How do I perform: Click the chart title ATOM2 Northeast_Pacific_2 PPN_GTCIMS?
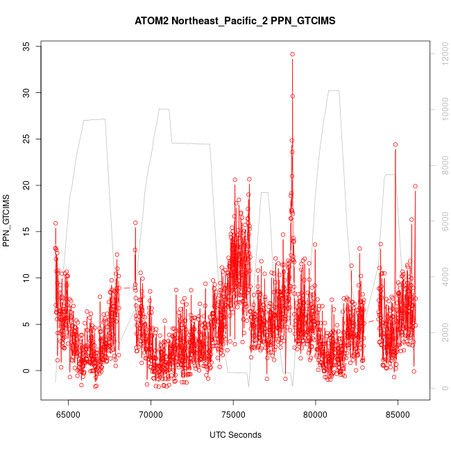pos(235,21)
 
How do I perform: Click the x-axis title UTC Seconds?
pos(235,435)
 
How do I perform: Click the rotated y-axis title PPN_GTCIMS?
pos(7,221)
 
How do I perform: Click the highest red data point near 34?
pos(293,54)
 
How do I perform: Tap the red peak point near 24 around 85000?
pos(395,144)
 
